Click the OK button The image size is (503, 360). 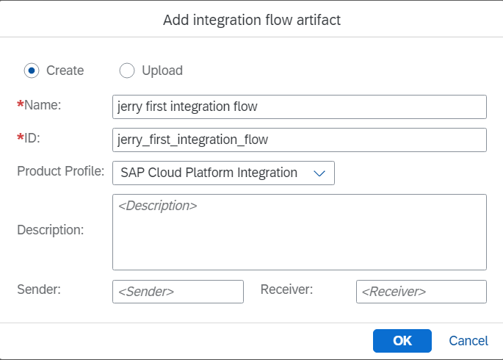(402, 341)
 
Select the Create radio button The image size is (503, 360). (32, 71)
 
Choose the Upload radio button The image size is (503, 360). (127, 71)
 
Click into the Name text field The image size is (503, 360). (300, 107)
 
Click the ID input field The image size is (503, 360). (300, 140)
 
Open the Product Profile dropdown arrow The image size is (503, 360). (319, 173)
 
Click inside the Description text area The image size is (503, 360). (300, 232)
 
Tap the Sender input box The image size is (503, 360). (178, 292)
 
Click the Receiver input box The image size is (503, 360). (421, 292)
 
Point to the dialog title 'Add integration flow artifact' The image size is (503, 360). (252, 21)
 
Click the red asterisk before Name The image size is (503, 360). (21, 104)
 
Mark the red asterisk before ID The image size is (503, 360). (21, 137)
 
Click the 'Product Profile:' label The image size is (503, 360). (61, 171)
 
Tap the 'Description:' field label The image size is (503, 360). (51, 230)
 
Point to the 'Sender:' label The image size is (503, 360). (39, 289)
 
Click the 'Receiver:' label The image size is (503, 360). (286, 289)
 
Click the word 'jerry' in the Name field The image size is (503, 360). (129, 107)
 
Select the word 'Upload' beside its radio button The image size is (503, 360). (162, 71)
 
